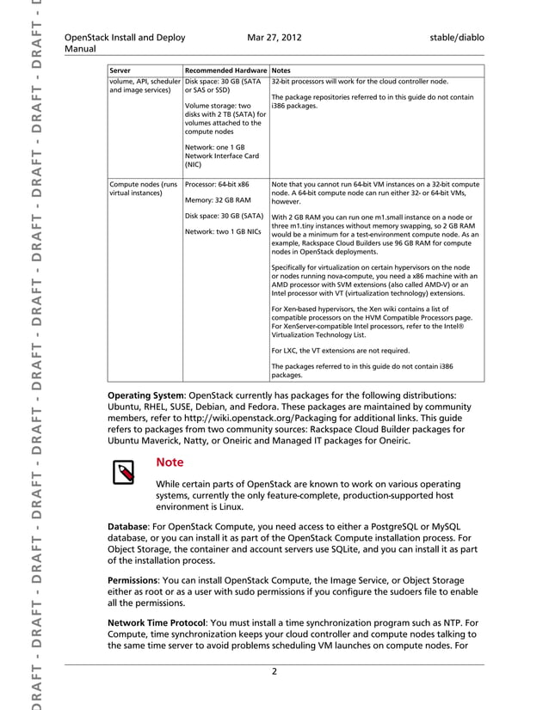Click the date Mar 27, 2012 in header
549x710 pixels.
[274, 38]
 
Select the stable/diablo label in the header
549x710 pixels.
[455, 38]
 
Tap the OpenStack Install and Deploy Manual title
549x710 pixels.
[125, 44]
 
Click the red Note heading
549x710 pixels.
[170, 462]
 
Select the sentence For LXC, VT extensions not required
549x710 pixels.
[340, 350]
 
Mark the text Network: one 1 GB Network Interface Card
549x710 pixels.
[221, 155]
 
